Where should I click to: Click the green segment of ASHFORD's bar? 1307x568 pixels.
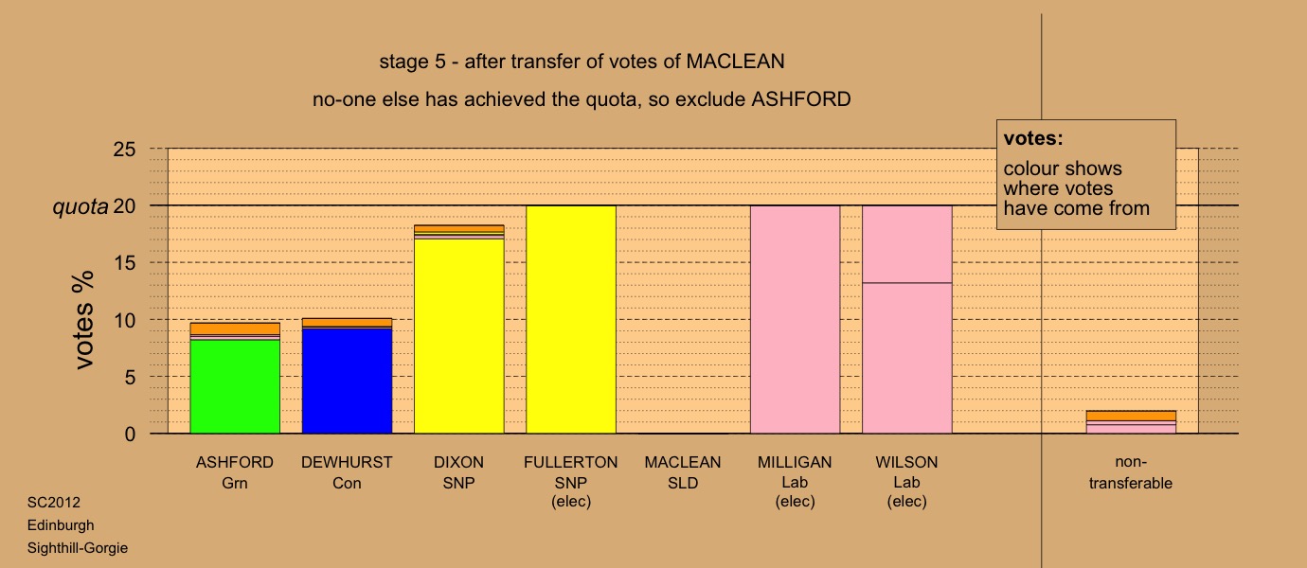[235, 386]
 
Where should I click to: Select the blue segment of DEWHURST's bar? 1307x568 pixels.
[348, 382]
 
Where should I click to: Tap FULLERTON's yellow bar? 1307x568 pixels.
[571, 320]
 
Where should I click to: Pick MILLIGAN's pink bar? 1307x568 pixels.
[796, 320]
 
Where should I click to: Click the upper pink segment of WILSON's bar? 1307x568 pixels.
[907, 244]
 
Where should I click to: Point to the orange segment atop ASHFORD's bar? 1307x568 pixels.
[235, 328]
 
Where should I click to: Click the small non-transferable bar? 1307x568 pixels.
[1131, 422]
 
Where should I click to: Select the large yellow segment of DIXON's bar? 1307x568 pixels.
[459, 336]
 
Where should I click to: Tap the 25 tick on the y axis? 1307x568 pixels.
[124, 150]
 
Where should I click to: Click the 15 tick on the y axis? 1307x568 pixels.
[124, 263]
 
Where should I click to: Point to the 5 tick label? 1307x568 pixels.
[130, 378]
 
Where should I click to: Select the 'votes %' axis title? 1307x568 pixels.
[84, 320]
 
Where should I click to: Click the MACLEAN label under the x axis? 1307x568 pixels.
[683, 463]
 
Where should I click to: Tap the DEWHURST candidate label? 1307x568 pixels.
[347, 463]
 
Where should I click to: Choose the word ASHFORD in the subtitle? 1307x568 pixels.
[800, 99]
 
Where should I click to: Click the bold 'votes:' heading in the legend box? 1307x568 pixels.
[1033, 138]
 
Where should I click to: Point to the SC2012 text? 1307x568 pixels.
[54, 503]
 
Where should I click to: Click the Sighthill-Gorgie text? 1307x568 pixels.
[78, 548]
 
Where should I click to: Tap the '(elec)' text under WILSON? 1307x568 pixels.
[906, 502]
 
